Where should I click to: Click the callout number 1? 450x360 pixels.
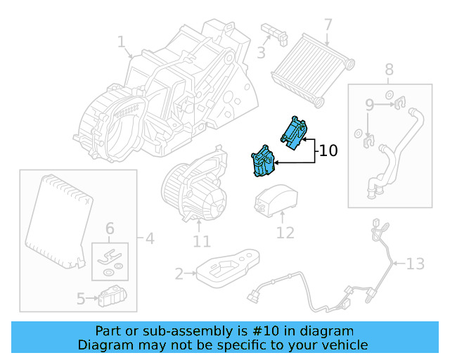[121, 44]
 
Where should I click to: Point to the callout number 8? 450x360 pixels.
[389, 70]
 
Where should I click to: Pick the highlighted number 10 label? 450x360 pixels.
[328, 150]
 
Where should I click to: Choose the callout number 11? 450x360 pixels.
[202, 242]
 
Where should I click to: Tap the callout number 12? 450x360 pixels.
[285, 232]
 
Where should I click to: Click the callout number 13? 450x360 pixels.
[416, 264]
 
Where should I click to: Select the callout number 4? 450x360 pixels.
[149, 239]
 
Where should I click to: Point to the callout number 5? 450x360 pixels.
[82, 299]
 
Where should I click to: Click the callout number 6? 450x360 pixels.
[110, 229]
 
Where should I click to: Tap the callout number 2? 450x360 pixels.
[179, 273]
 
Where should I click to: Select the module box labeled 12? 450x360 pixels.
[275, 199]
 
